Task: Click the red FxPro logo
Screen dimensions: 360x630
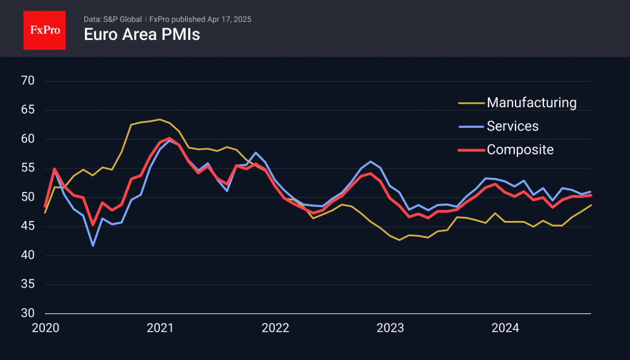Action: [44, 30]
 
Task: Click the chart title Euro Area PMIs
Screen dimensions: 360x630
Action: [142, 34]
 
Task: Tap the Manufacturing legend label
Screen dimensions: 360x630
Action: [532, 102]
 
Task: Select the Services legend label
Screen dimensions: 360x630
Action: [512, 126]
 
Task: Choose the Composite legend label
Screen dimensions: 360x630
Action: [520, 150]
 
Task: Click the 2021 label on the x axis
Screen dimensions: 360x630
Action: [160, 329]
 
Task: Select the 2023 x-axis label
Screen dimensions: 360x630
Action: [389, 329]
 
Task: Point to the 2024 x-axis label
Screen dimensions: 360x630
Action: [504, 329]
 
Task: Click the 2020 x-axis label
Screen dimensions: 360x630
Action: [45, 329]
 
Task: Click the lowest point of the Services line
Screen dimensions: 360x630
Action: [93, 246]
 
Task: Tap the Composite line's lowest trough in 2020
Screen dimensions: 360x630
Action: [93, 225]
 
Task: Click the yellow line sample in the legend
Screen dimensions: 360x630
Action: [471, 103]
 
